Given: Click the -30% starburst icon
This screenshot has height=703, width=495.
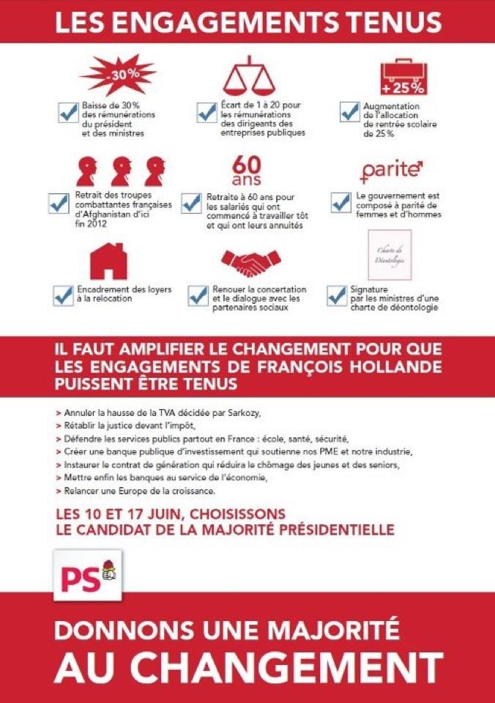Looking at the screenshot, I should point(108,74).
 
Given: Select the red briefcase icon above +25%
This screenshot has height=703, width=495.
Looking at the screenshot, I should point(401,72).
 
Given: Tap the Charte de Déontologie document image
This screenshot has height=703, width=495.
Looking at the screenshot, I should point(389,255).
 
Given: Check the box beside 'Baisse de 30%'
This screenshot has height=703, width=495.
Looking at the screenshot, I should point(68,112).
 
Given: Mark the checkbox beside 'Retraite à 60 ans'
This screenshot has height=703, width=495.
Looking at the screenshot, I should point(191,202).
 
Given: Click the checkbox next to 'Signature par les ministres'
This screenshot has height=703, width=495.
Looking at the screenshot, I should point(337,294).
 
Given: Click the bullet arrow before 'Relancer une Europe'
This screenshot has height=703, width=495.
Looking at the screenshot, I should point(58,489).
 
